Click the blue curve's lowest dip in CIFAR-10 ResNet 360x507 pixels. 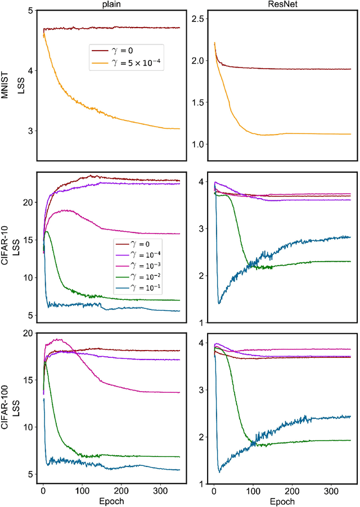pyautogui.click(x=219, y=303)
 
